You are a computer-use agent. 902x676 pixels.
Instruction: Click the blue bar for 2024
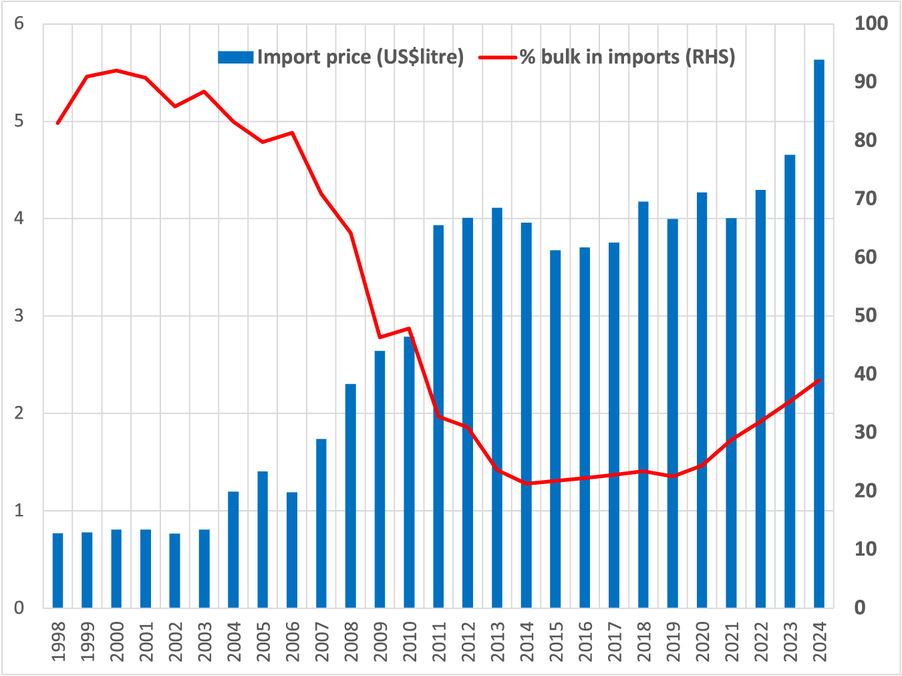(818, 334)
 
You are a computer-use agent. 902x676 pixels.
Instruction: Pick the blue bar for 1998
(58, 570)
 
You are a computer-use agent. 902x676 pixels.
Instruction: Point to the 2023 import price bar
(790, 381)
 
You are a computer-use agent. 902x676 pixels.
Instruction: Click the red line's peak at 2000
(116, 70)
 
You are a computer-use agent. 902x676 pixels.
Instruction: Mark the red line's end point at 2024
(819, 380)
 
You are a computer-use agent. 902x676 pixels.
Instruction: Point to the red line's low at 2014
(527, 483)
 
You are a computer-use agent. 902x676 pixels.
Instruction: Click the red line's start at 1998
(58, 124)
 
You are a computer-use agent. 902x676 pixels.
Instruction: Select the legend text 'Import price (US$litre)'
(360, 57)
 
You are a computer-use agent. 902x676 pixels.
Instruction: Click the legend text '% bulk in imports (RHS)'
(627, 57)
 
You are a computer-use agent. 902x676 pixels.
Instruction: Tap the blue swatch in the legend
(235, 58)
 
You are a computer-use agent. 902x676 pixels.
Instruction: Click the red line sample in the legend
(498, 58)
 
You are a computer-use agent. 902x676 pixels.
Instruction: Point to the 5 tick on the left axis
(19, 122)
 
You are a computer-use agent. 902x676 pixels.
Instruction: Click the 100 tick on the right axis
(871, 24)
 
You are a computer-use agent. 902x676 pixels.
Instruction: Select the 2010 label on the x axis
(410, 641)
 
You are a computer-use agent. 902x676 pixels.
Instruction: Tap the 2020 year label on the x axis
(702, 641)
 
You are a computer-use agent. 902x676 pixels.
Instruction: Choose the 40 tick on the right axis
(866, 374)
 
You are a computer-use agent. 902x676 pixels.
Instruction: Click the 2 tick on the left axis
(19, 413)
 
